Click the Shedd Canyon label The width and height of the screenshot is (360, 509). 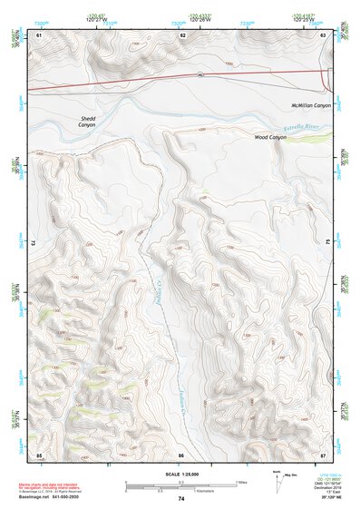pos(86,121)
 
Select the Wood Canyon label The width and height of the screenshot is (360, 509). pos(270,137)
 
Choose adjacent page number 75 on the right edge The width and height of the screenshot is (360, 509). pos(327,243)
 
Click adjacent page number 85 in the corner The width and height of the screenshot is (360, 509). pos(39,453)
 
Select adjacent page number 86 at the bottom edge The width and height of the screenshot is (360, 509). pos(181,453)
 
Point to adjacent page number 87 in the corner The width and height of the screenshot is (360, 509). pos(324,453)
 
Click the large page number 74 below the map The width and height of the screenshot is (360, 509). pos(181,500)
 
